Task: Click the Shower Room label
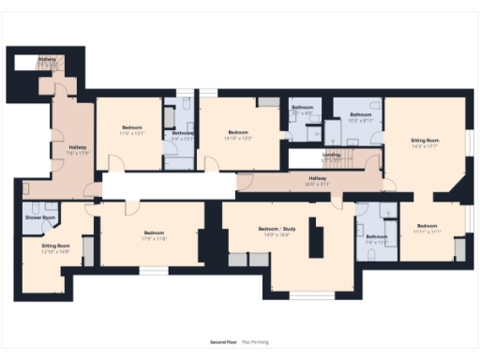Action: click(x=40, y=217)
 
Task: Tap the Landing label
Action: click(x=331, y=155)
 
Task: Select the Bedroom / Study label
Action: click(x=277, y=228)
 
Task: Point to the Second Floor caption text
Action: click(x=222, y=342)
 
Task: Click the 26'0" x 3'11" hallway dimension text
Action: click(x=319, y=183)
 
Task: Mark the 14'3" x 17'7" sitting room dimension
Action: click(x=426, y=146)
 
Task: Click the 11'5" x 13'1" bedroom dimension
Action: click(x=132, y=132)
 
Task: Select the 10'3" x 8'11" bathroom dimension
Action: click(x=361, y=120)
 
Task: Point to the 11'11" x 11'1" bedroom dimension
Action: click(x=427, y=232)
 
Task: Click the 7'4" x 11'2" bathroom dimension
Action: click(x=377, y=242)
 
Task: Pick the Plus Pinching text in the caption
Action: click(x=255, y=342)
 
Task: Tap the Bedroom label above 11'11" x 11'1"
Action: click(x=427, y=226)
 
